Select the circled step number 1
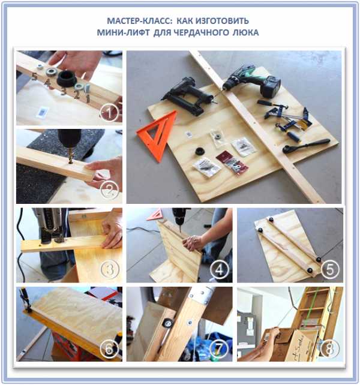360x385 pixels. pyautogui.click(x=109, y=113)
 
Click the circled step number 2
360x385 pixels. pyautogui.click(x=110, y=190)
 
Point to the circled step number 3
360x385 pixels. pyautogui.click(x=110, y=269)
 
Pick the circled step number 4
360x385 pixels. pyautogui.click(x=220, y=270)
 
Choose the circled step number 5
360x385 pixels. pyautogui.click(x=330, y=269)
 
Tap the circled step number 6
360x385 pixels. pyautogui.click(x=109, y=348)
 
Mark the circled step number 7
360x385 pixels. pyautogui.click(x=220, y=348)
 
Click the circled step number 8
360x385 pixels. pyautogui.click(x=330, y=348)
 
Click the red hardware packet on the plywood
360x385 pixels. pyautogui.click(x=232, y=162)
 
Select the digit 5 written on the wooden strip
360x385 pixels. pyautogui.click(x=34, y=77)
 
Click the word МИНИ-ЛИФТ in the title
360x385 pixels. pyautogui.click(x=123, y=32)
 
